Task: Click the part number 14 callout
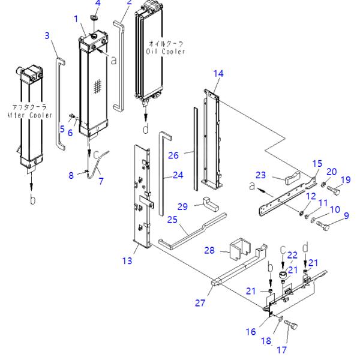218,73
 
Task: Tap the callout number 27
199,303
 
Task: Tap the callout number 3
47,36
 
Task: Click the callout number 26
173,155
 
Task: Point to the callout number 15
317,163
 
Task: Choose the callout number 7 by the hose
100,181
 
